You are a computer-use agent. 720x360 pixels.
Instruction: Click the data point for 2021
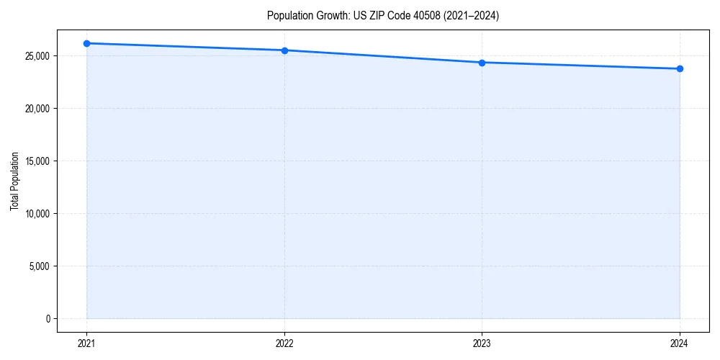click(86, 43)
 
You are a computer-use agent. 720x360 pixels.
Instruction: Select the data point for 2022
click(284, 50)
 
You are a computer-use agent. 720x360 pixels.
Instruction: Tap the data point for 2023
click(482, 63)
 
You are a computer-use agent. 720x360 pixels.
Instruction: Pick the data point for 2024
click(680, 69)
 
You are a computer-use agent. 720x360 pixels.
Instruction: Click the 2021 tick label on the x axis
click(86, 343)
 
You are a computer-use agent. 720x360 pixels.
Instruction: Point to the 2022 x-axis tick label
click(284, 343)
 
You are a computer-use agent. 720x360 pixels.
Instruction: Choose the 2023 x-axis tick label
click(482, 343)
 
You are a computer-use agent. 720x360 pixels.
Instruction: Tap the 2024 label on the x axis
click(680, 343)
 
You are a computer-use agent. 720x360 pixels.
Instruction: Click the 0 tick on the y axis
click(48, 319)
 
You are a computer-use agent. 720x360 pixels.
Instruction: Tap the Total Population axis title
click(14, 181)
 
